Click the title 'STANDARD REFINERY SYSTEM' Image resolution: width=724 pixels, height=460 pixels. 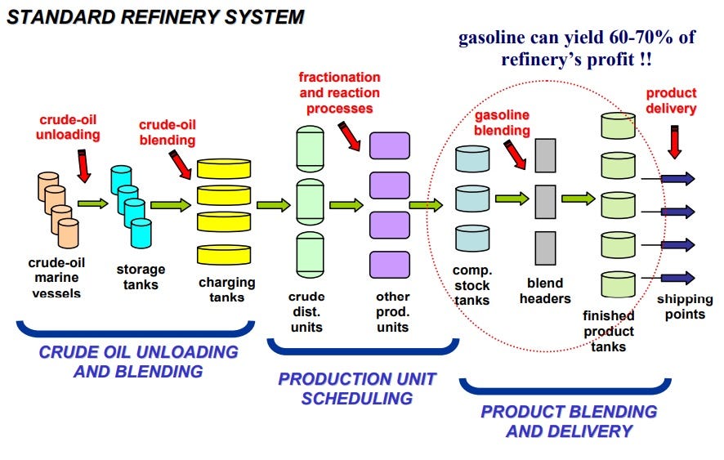coord(155,16)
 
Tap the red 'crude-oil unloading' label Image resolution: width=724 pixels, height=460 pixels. coord(68,127)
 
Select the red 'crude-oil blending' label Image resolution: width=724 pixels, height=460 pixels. coord(167,132)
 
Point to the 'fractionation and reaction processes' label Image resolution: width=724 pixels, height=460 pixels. coord(338,92)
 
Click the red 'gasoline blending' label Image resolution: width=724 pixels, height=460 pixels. coord(502,123)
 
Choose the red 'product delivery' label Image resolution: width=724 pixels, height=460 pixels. coord(671,101)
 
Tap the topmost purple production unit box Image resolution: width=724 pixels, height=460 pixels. coord(389,145)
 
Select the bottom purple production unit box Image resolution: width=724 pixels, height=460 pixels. coord(389,264)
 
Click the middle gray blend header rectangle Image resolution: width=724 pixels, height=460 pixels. coord(545,201)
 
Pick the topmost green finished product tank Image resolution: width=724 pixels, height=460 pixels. coord(618,126)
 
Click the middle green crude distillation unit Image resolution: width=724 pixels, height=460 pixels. coord(311,202)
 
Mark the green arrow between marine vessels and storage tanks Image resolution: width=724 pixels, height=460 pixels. coord(92,203)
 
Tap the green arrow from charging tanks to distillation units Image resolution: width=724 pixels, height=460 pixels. coord(273,205)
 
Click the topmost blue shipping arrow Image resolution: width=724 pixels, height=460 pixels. coord(677,178)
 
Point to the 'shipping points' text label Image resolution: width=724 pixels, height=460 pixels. coord(685,306)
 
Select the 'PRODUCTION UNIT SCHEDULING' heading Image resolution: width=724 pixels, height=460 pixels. coord(357,389)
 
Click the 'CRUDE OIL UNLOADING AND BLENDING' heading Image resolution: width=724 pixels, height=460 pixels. coord(138,361)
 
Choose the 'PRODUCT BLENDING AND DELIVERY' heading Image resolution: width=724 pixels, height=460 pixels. coord(568,421)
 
